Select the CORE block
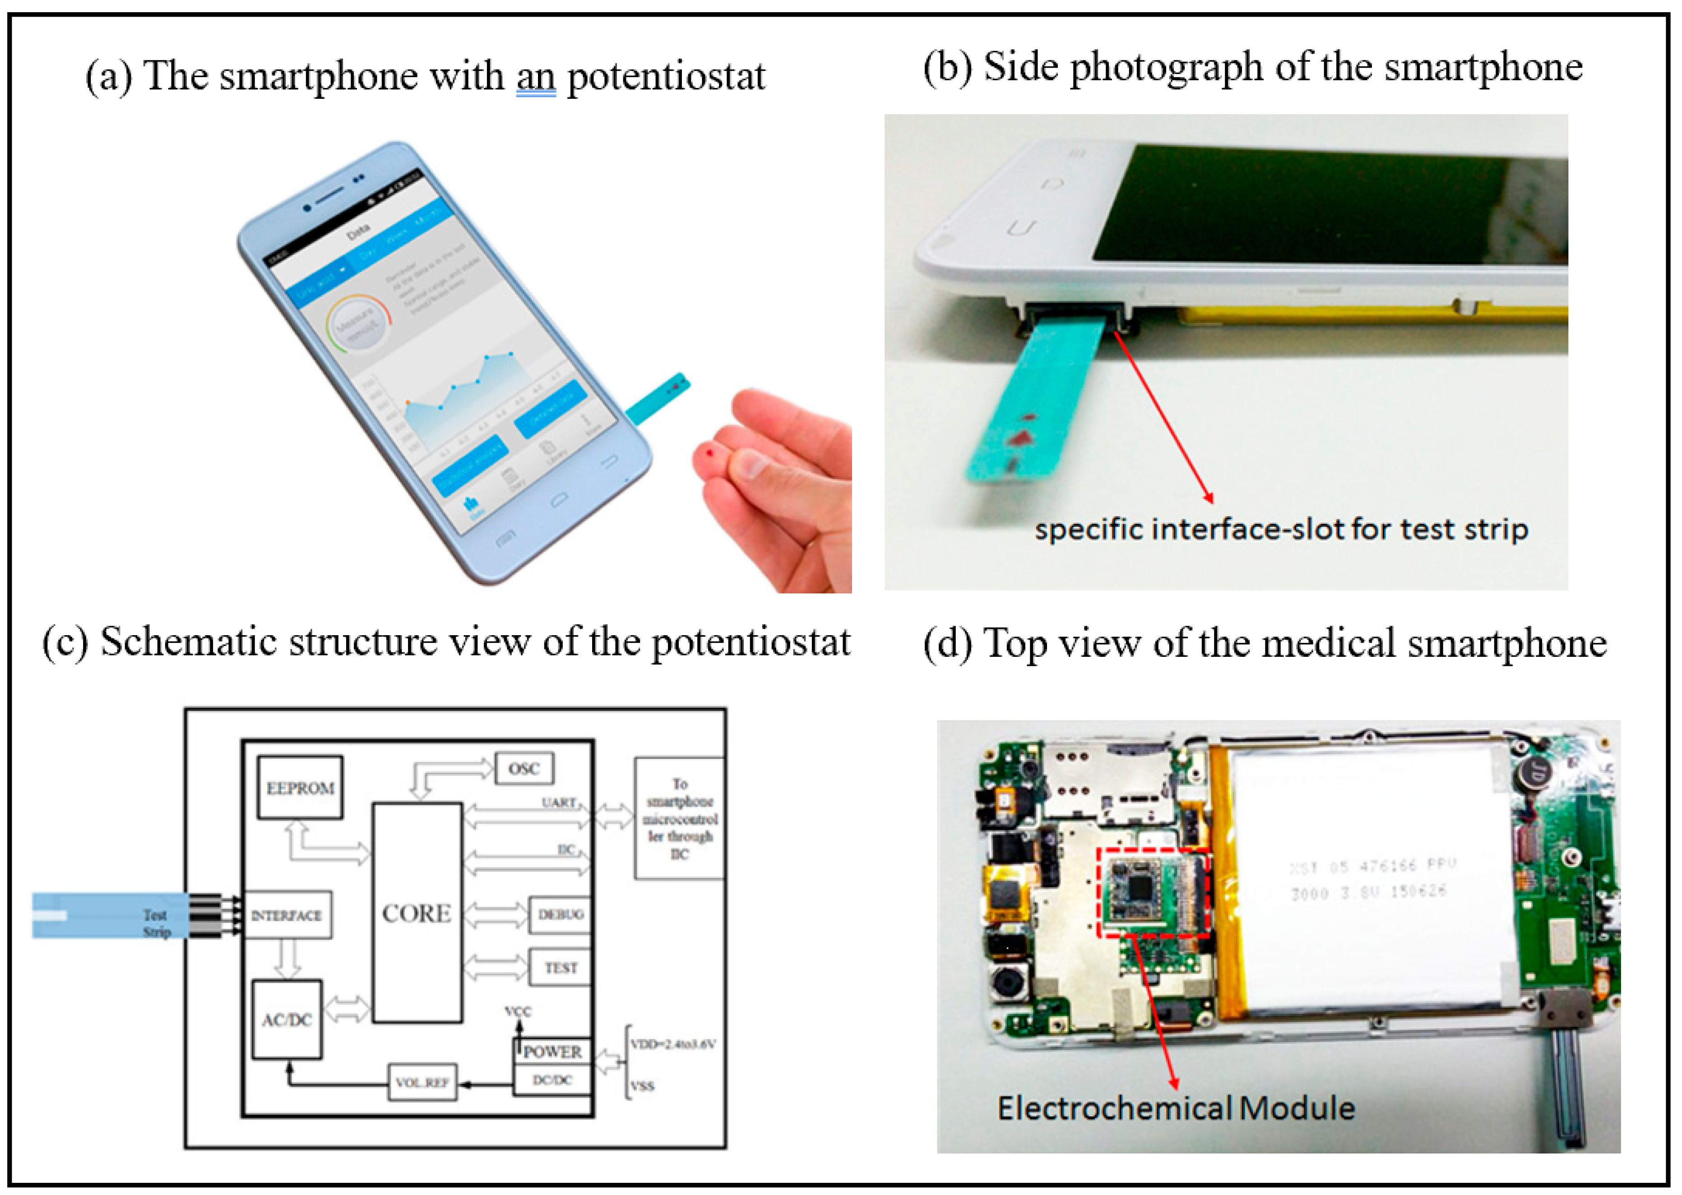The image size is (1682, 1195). coord(417,913)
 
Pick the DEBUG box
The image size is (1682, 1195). coord(560,915)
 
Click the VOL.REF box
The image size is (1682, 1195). coord(422,1082)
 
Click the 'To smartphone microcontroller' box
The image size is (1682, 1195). coord(679,818)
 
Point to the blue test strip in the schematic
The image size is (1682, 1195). coord(111,915)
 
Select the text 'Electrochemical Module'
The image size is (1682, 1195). coord(1176,1108)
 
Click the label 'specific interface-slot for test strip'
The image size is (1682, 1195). coord(1281,530)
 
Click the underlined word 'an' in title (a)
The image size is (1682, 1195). coord(535,77)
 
